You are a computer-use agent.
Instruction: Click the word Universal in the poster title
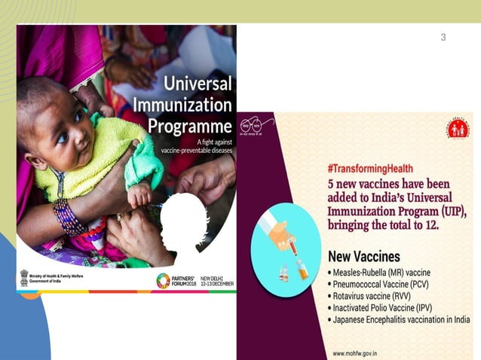pyautogui.click(x=198, y=83)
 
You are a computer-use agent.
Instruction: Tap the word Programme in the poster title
pyautogui.click(x=188, y=126)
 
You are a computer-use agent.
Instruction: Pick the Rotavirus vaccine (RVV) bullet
pyautogui.click(x=379, y=296)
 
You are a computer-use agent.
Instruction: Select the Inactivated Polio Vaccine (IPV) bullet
pyautogui.click(x=391, y=308)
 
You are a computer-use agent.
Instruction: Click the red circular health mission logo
pyautogui.click(x=458, y=129)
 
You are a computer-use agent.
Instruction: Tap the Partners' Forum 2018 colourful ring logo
pyautogui.click(x=163, y=280)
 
